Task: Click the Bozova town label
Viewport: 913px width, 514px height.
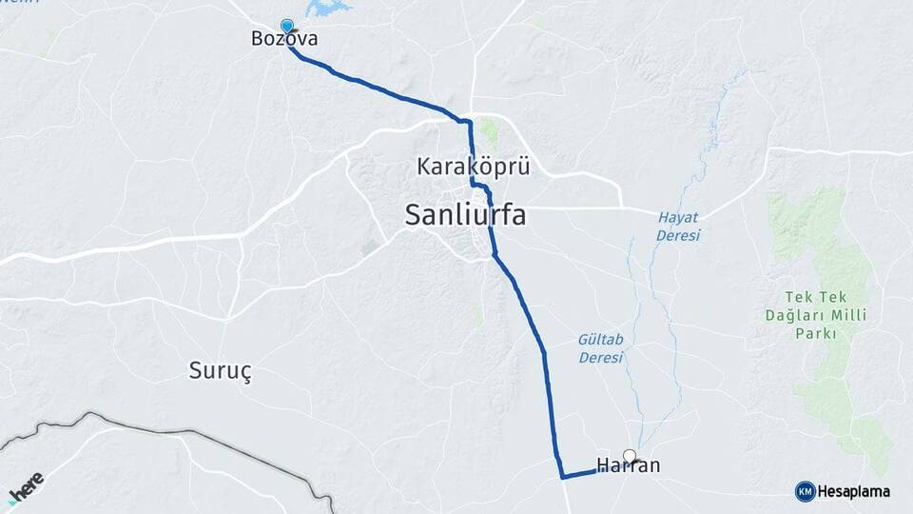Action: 283,40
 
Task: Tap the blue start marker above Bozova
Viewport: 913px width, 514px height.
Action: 287,27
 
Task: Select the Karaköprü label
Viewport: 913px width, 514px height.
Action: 473,167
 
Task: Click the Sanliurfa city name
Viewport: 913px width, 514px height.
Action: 465,214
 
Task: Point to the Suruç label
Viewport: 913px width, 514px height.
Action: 221,371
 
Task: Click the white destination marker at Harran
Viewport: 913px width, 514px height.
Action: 629,455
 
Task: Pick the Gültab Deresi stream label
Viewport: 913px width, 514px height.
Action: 600,348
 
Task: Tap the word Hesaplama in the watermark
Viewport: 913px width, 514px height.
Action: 855,492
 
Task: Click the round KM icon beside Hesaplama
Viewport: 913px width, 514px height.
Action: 805,492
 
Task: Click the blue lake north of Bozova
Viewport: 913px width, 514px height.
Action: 325,8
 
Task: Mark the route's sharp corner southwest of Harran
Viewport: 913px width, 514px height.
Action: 563,477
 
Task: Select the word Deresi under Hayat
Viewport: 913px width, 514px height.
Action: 679,235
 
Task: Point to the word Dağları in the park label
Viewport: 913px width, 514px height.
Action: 794,315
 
